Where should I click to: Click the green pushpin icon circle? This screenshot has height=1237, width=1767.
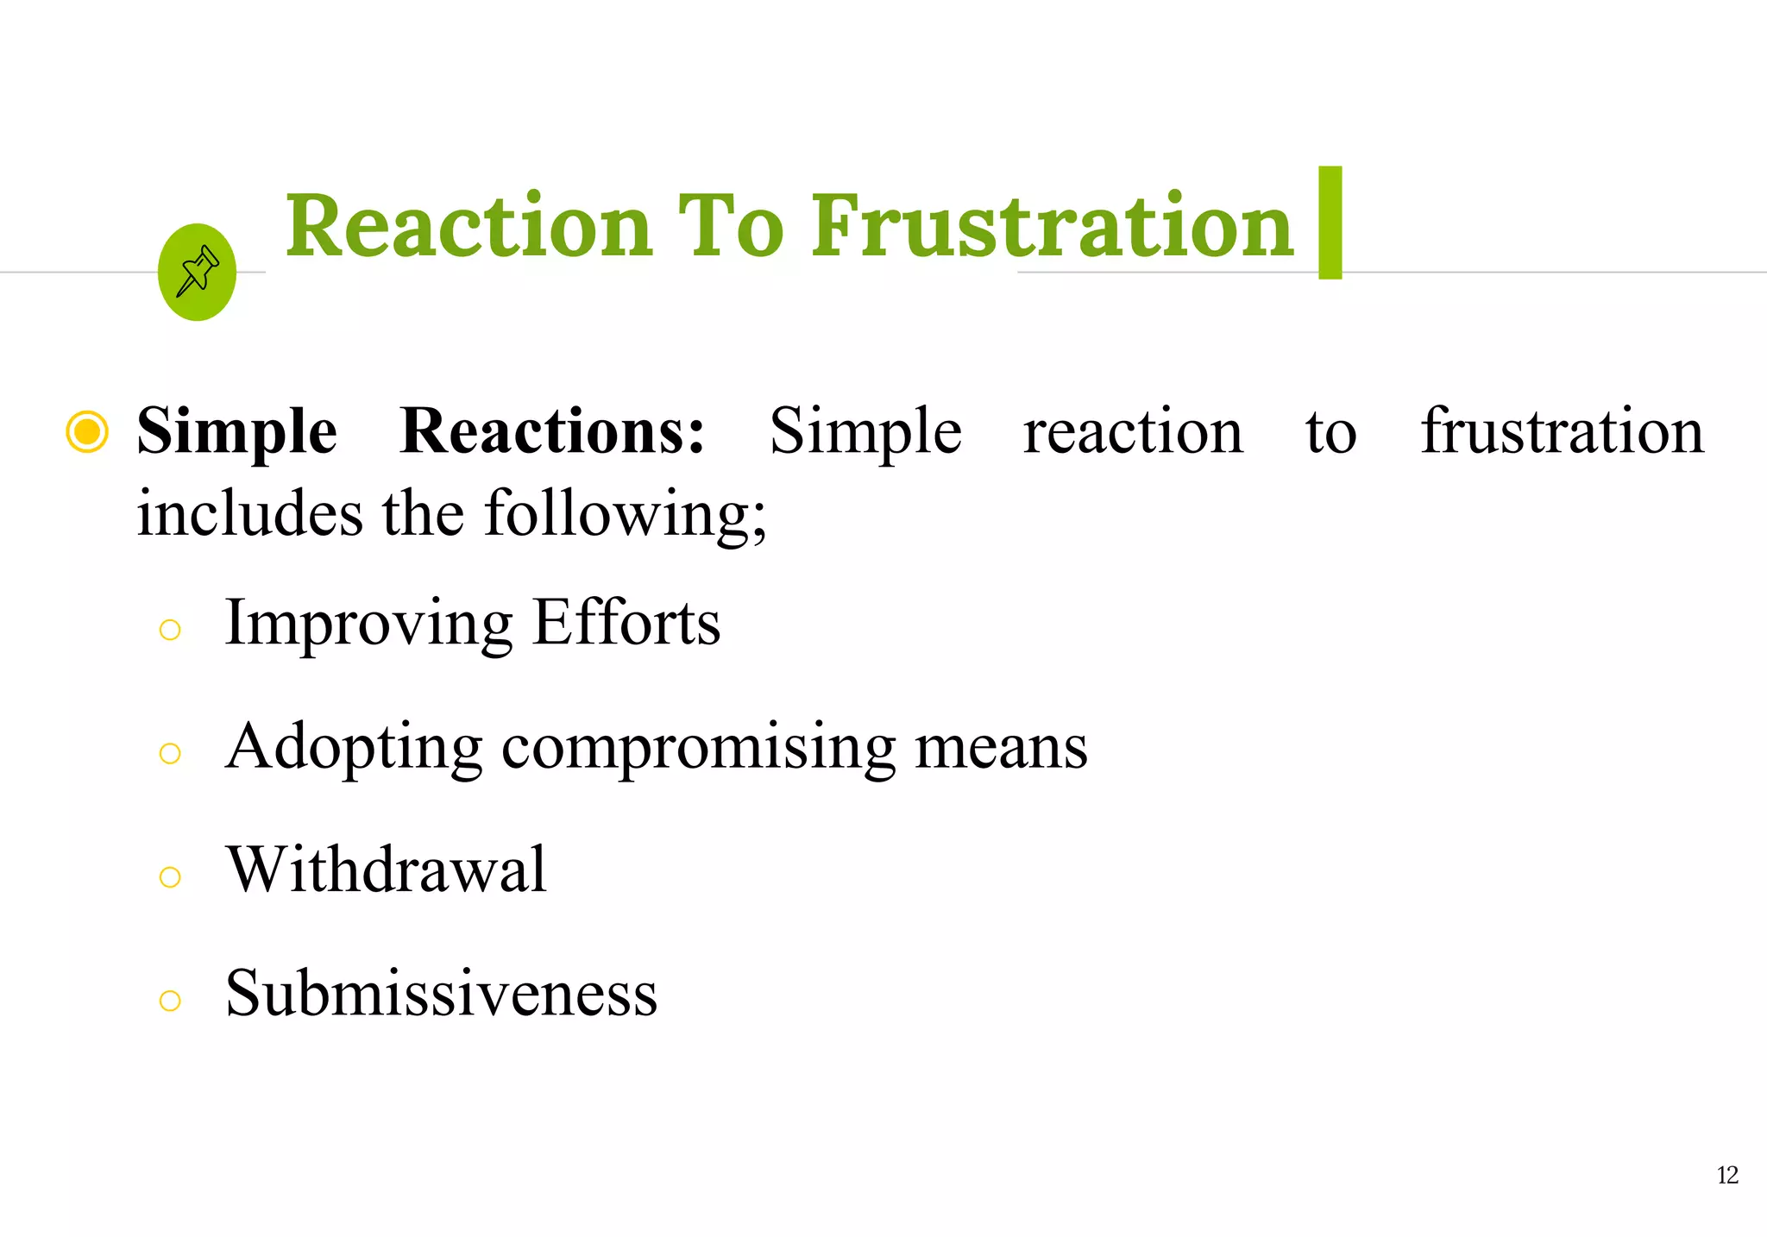pos(197,273)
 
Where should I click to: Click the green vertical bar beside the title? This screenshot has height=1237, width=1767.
pos(1330,223)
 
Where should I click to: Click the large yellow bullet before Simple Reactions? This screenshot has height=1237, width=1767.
pos(87,431)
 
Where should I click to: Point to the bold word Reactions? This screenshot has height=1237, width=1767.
pos(552,431)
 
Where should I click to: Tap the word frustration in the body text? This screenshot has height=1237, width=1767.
pos(1562,430)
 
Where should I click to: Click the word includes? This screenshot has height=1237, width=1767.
pos(249,513)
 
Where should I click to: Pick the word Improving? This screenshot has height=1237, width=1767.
pos(368,624)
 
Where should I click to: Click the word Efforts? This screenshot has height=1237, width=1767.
pos(626,622)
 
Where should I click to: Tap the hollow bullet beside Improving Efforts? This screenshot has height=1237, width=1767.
pos(170,630)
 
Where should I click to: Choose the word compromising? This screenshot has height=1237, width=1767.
pos(699,747)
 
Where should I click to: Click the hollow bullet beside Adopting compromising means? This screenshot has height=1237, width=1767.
pos(170,754)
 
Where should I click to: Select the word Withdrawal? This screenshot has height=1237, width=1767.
pos(386,870)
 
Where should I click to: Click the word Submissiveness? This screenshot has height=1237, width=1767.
pos(441,993)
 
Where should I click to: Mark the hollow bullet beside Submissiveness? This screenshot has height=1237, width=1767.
pos(170,1001)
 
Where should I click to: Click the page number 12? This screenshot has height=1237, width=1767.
pos(1727,1175)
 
